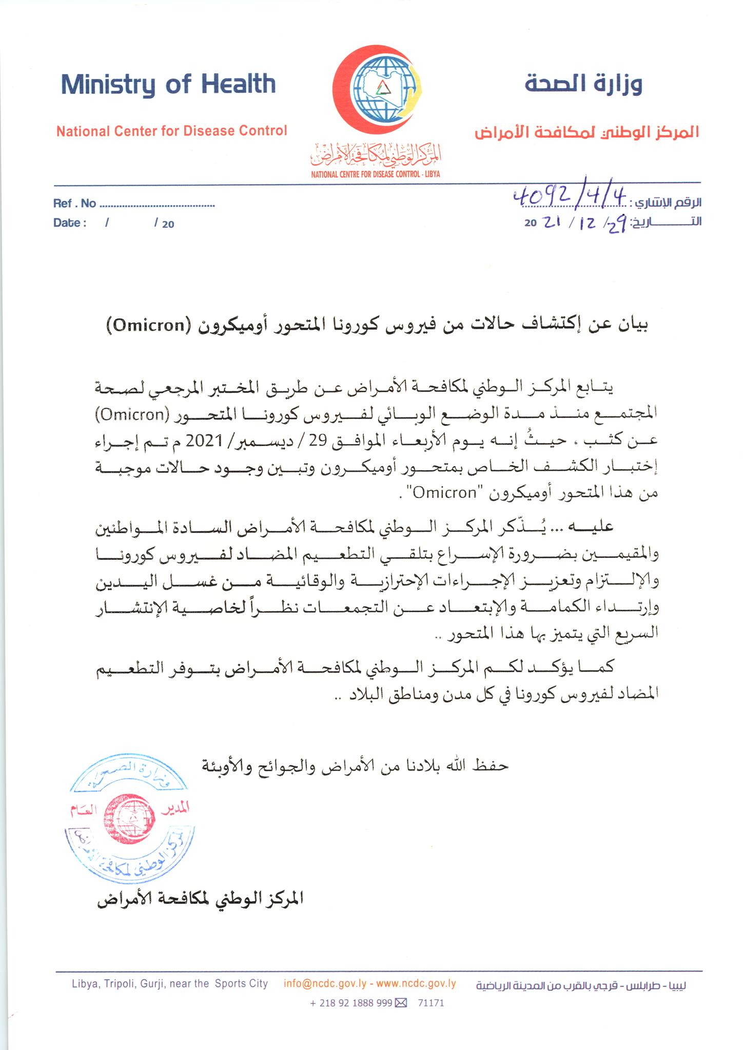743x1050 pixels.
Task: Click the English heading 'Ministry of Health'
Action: pos(168,85)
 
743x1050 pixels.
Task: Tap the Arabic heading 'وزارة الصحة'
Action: pos(583,83)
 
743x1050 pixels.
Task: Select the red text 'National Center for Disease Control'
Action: pos(171,131)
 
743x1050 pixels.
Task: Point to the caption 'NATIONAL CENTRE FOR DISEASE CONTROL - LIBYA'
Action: pos(376,174)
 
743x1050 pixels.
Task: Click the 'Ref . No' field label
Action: pos(74,204)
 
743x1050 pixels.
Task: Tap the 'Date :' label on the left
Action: pos(70,223)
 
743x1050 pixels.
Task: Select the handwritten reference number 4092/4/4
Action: pos(570,197)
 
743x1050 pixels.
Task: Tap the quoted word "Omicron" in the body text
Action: pos(445,493)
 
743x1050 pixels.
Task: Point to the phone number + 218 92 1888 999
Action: pos(351,1003)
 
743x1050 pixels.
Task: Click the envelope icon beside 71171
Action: pos(401,1003)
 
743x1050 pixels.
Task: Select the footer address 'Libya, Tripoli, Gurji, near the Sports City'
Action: pos(170,983)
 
